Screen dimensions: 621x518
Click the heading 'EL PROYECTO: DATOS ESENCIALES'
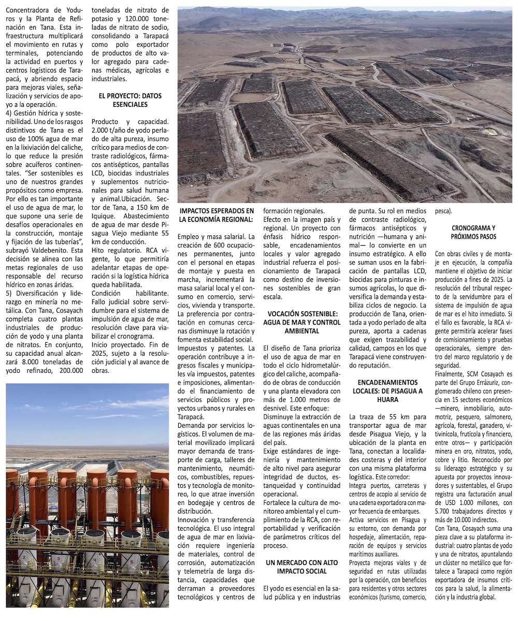(126, 100)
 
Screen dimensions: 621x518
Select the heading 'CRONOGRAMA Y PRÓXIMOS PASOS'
(473, 232)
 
